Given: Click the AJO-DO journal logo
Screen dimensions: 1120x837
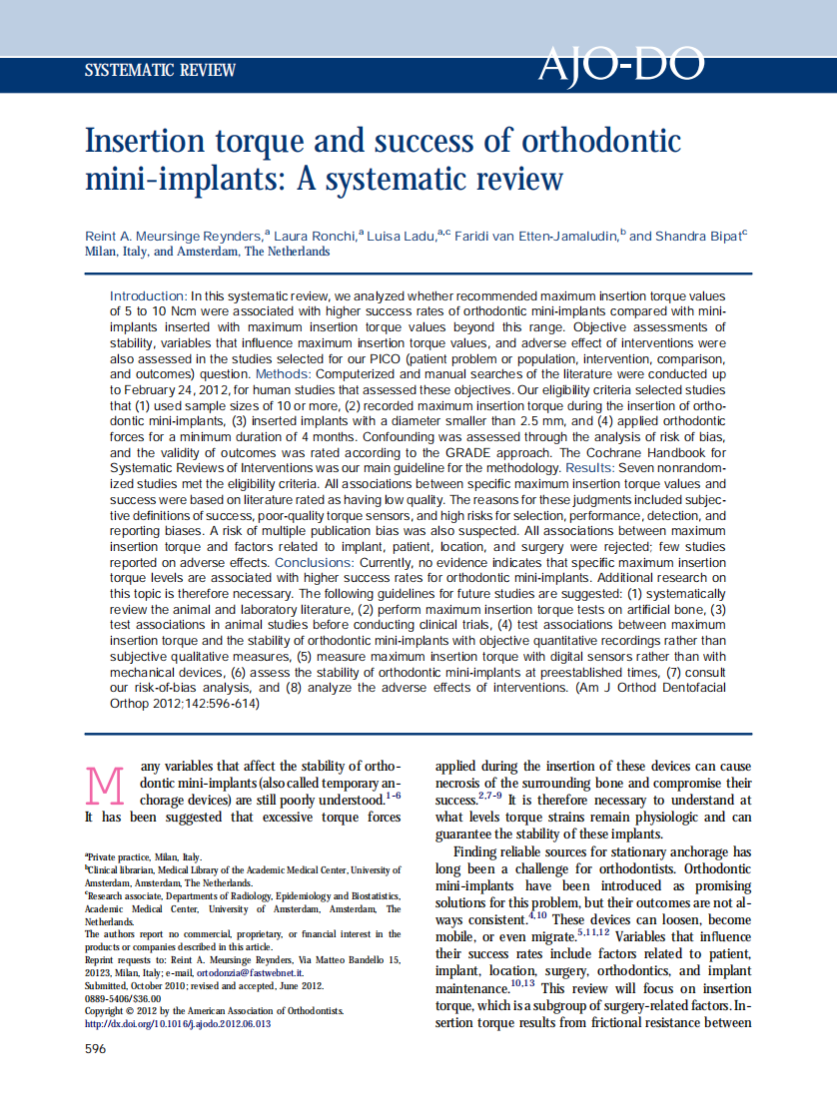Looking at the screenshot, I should (621, 66).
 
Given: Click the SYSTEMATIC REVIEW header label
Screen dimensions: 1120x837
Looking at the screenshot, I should (161, 71).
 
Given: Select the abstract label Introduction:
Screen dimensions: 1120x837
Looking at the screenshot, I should (148, 296).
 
